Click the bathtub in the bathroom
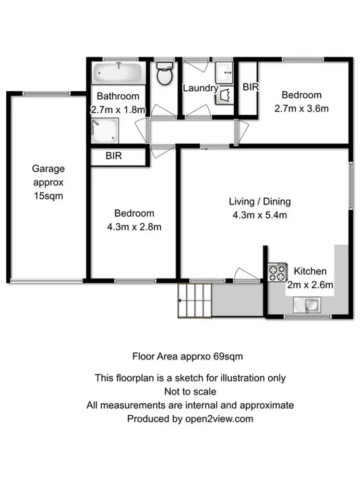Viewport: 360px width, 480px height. pyautogui.click(x=117, y=73)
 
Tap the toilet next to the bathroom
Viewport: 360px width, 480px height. pyautogui.click(x=164, y=74)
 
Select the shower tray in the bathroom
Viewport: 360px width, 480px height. pyautogui.click(x=104, y=131)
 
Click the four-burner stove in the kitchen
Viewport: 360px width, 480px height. pyautogui.click(x=277, y=273)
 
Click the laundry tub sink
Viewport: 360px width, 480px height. pyautogui.click(x=223, y=73)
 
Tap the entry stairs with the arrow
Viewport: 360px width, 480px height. pyautogui.click(x=194, y=300)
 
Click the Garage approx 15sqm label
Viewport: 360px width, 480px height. pyautogui.click(x=48, y=182)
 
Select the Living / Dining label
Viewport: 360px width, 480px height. pyautogui.click(x=260, y=202)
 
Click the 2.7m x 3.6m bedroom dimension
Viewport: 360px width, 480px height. pyautogui.click(x=301, y=108)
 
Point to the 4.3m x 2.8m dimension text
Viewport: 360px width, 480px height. pyautogui.click(x=134, y=227)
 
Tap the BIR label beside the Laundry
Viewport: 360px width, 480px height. pyautogui.click(x=251, y=87)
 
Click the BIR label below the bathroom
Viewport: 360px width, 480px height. pyautogui.click(x=114, y=156)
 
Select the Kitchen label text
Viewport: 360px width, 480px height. pyautogui.click(x=310, y=271)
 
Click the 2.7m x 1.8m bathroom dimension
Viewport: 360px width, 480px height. pyautogui.click(x=118, y=109)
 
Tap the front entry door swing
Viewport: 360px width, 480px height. pyautogui.click(x=246, y=274)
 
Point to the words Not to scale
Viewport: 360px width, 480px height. pyautogui.click(x=190, y=392)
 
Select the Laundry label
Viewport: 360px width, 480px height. pyautogui.click(x=200, y=88)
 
